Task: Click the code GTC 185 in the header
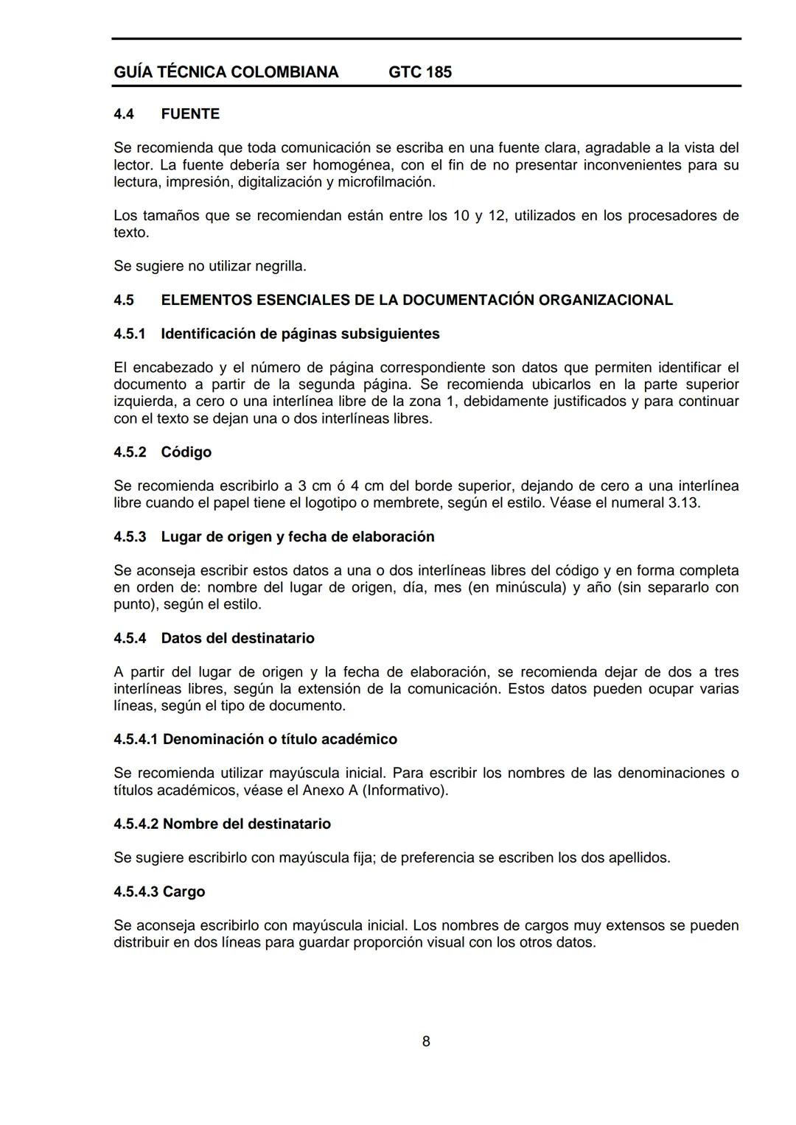click(x=419, y=72)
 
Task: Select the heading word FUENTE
click(x=190, y=114)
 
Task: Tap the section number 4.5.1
click(x=130, y=334)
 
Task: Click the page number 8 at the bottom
click(x=426, y=1041)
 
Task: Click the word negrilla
click(x=280, y=266)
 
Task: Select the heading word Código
click(x=186, y=452)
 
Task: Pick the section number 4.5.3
click(x=130, y=537)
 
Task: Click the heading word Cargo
click(x=184, y=892)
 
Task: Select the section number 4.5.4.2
click(x=136, y=824)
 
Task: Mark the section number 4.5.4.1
click(x=136, y=740)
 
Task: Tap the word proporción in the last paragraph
click(x=427, y=943)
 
